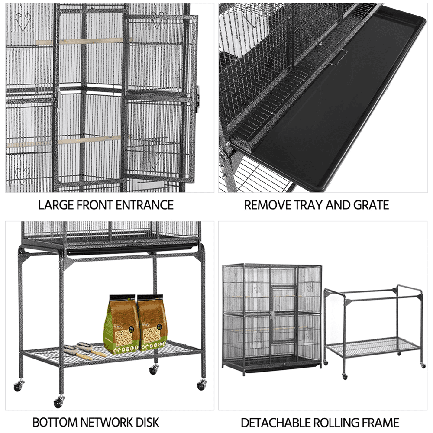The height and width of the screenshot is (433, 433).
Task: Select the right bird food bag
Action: pos(152,322)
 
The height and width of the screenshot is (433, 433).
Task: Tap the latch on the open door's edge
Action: pos(198,93)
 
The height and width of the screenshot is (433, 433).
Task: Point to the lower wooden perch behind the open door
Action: pos(89,140)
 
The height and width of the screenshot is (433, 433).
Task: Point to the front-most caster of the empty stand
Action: pos(345,376)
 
